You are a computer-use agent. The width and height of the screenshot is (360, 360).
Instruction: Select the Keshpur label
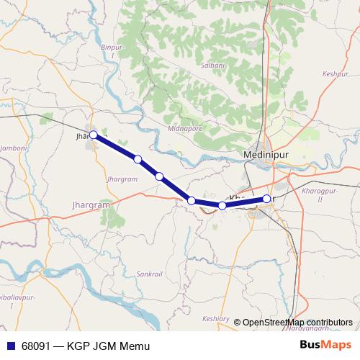click(335, 74)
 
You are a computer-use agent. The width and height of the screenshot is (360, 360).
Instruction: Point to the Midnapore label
click(184, 128)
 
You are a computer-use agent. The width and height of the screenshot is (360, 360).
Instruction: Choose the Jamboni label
click(14, 148)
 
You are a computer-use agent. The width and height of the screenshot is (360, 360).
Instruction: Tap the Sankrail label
click(150, 274)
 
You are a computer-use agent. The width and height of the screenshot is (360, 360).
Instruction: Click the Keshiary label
click(216, 319)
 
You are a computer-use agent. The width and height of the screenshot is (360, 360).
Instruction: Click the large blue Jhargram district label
click(92, 205)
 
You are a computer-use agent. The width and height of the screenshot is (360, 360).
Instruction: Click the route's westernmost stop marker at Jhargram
click(94, 135)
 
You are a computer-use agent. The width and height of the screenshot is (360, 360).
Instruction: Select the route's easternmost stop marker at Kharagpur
click(266, 199)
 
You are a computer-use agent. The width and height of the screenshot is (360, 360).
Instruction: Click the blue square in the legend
click(11, 346)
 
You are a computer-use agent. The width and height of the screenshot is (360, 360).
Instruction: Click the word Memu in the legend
click(135, 346)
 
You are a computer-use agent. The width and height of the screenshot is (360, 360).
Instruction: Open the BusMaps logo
click(325, 346)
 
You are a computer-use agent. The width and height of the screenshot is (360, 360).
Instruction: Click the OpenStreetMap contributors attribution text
click(297, 323)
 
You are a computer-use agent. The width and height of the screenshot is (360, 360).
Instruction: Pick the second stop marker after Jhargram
click(159, 176)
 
